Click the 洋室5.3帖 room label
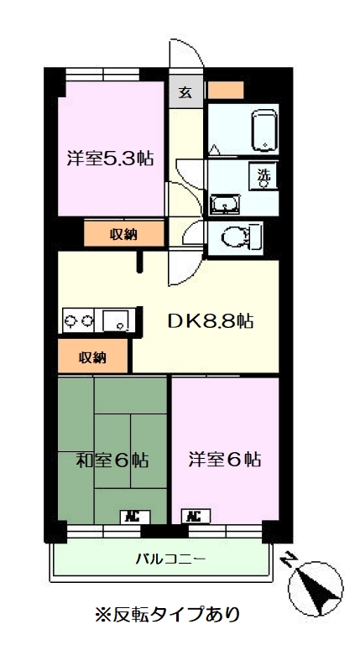click(110, 158)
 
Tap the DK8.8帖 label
click(210, 320)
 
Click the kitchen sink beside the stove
click(115, 320)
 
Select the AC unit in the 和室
click(132, 516)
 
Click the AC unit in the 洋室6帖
click(192, 516)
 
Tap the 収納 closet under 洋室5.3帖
click(123, 234)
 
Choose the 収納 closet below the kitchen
click(93, 356)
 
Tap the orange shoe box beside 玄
click(225, 88)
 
